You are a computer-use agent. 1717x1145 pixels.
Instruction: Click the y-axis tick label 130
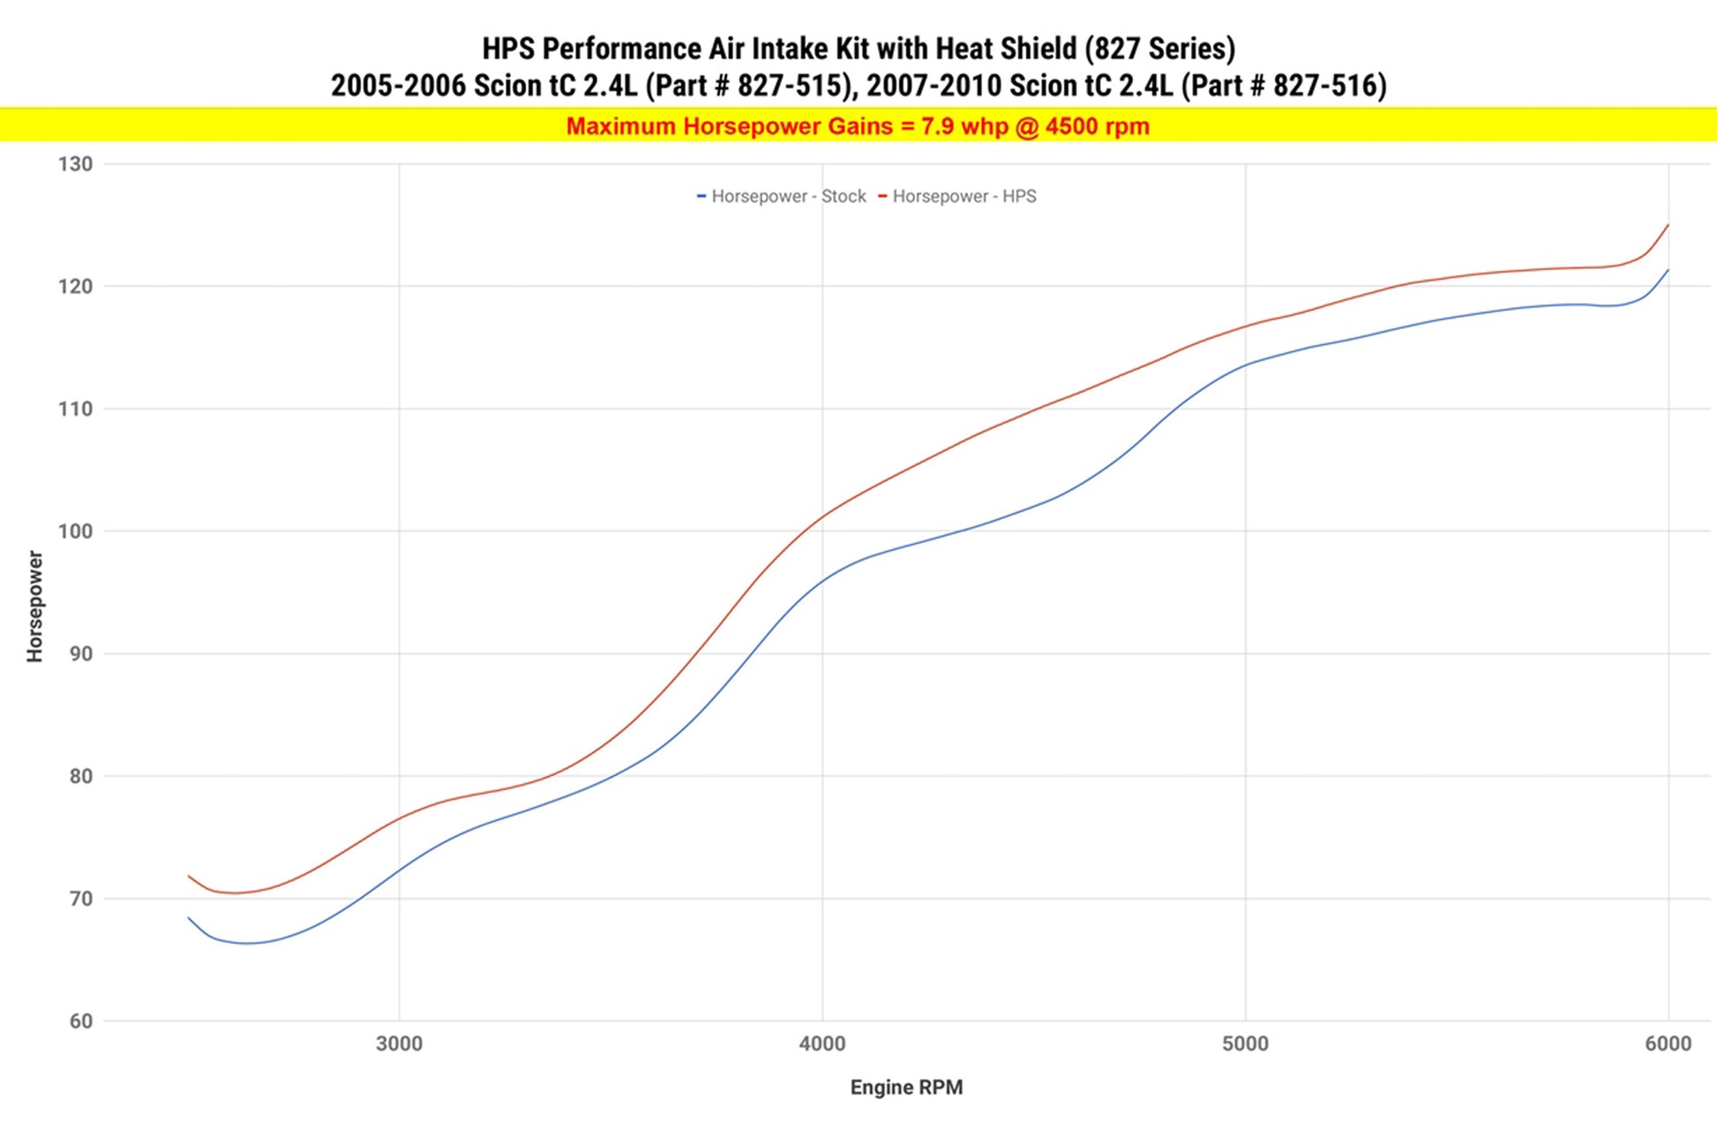click(x=75, y=164)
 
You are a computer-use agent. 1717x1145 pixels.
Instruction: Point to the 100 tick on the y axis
click(x=75, y=531)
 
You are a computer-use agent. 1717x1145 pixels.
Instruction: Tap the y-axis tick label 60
click(x=80, y=1021)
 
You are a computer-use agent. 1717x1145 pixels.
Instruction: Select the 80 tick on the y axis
click(x=80, y=777)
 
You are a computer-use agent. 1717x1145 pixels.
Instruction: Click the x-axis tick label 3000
click(x=399, y=1044)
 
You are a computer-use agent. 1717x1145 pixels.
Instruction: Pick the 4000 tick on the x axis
click(x=822, y=1044)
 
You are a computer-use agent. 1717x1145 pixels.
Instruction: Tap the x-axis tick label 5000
click(x=1245, y=1044)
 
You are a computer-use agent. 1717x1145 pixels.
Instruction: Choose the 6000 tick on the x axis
click(x=1668, y=1044)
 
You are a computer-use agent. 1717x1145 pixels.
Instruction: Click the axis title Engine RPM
click(x=906, y=1088)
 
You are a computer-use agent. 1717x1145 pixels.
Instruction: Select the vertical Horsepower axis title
click(x=34, y=606)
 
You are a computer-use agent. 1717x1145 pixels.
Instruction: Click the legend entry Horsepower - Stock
click(x=788, y=197)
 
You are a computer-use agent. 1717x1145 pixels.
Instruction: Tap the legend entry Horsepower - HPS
click(x=963, y=197)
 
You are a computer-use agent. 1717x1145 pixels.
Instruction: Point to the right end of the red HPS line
click(x=1668, y=225)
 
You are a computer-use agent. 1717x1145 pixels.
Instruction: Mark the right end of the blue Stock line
click(x=1668, y=270)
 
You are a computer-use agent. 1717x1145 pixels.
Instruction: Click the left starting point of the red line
click(x=189, y=876)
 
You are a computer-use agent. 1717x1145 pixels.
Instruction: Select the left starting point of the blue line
click(x=189, y=918)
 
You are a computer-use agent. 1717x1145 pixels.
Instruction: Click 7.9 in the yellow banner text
click(x=938, y=127)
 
